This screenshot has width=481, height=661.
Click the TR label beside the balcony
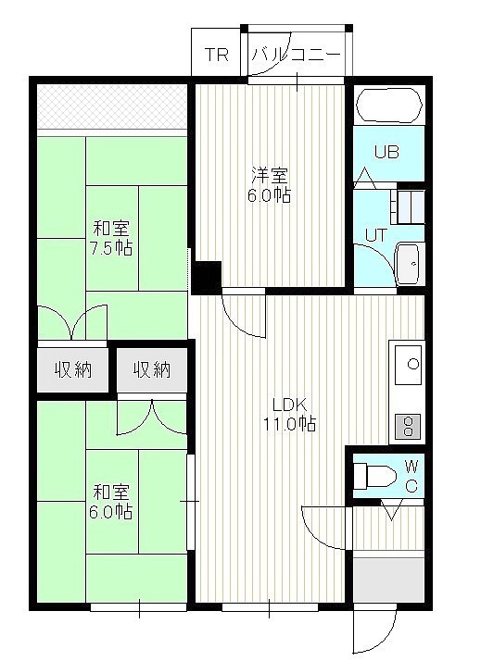(217, 55)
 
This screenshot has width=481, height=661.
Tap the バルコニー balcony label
(297, 55)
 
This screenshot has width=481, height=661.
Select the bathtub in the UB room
(389, 106)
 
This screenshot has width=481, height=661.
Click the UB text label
(386, 152)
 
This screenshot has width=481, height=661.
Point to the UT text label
(375, 235)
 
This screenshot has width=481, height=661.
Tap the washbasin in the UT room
(408, 265)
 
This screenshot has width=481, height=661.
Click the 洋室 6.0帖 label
(269, 185)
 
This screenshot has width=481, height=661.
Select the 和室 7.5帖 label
(111, 238)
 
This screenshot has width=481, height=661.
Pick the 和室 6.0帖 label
(111, 502)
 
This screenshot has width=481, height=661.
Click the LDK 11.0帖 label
(289, 414)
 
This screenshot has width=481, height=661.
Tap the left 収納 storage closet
(72, 369)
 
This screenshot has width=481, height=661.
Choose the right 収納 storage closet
(152, 369)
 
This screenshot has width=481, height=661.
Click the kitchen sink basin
(408, 365)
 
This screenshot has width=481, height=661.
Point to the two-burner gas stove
(408, 426)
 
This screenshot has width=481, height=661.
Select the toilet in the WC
(374, 477)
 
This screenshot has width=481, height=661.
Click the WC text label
(411, 477)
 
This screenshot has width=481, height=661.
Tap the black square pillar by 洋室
(207, 277)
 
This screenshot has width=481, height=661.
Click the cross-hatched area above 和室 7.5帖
(112, 106)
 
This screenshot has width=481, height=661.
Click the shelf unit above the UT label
(408, 207)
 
